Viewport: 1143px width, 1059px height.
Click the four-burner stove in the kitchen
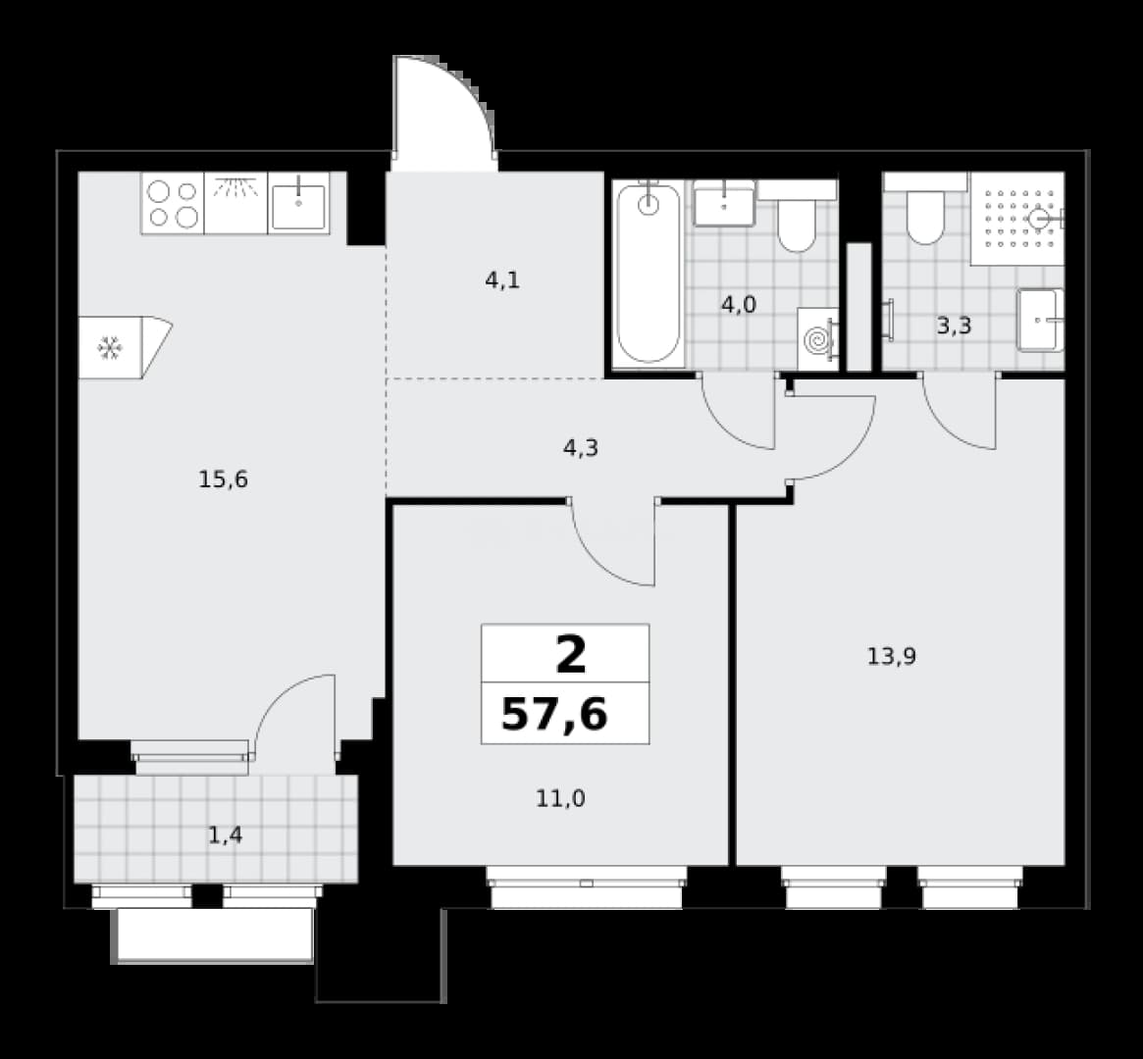click(173, 203)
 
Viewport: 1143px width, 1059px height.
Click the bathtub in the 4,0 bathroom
click(649, 274)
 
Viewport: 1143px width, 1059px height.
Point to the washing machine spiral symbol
click(817, 340)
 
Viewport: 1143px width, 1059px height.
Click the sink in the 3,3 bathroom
click(1040, 320)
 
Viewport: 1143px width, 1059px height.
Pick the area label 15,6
click(223, 479)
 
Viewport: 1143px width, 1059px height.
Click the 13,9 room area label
click(892, 657)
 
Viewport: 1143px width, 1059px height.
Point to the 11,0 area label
click(560, 799)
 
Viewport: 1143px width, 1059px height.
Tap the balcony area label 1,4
click(226, 835)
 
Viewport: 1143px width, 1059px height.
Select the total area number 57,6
click(554, 715)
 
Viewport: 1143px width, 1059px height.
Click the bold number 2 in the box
click(571, 654)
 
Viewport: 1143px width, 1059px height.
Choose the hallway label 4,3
click(581, 448)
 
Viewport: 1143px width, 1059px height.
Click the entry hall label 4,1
click(502, 279)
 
